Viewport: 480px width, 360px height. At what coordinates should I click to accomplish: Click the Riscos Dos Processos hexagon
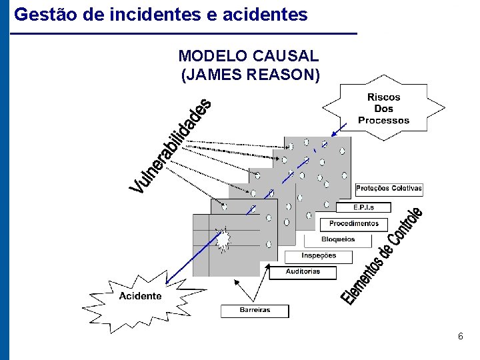[383, 109]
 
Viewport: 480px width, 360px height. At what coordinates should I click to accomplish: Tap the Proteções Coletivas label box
[389, 189]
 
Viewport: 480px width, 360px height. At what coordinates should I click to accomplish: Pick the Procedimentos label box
[353, 224]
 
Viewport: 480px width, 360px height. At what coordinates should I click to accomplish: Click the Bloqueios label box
[338, 239]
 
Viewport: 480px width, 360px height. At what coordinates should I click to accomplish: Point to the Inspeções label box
[319, 256]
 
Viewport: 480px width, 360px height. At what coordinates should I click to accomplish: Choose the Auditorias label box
[303, 272]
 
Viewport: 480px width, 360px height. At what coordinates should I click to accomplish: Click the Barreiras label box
[255, 311]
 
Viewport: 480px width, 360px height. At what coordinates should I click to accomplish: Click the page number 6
[460, 337]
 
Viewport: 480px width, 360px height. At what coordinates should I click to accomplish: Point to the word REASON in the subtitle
[283, 75]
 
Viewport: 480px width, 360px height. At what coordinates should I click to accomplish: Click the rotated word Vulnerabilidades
[171, 146]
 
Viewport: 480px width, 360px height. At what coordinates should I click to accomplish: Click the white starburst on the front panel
[223, 238]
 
